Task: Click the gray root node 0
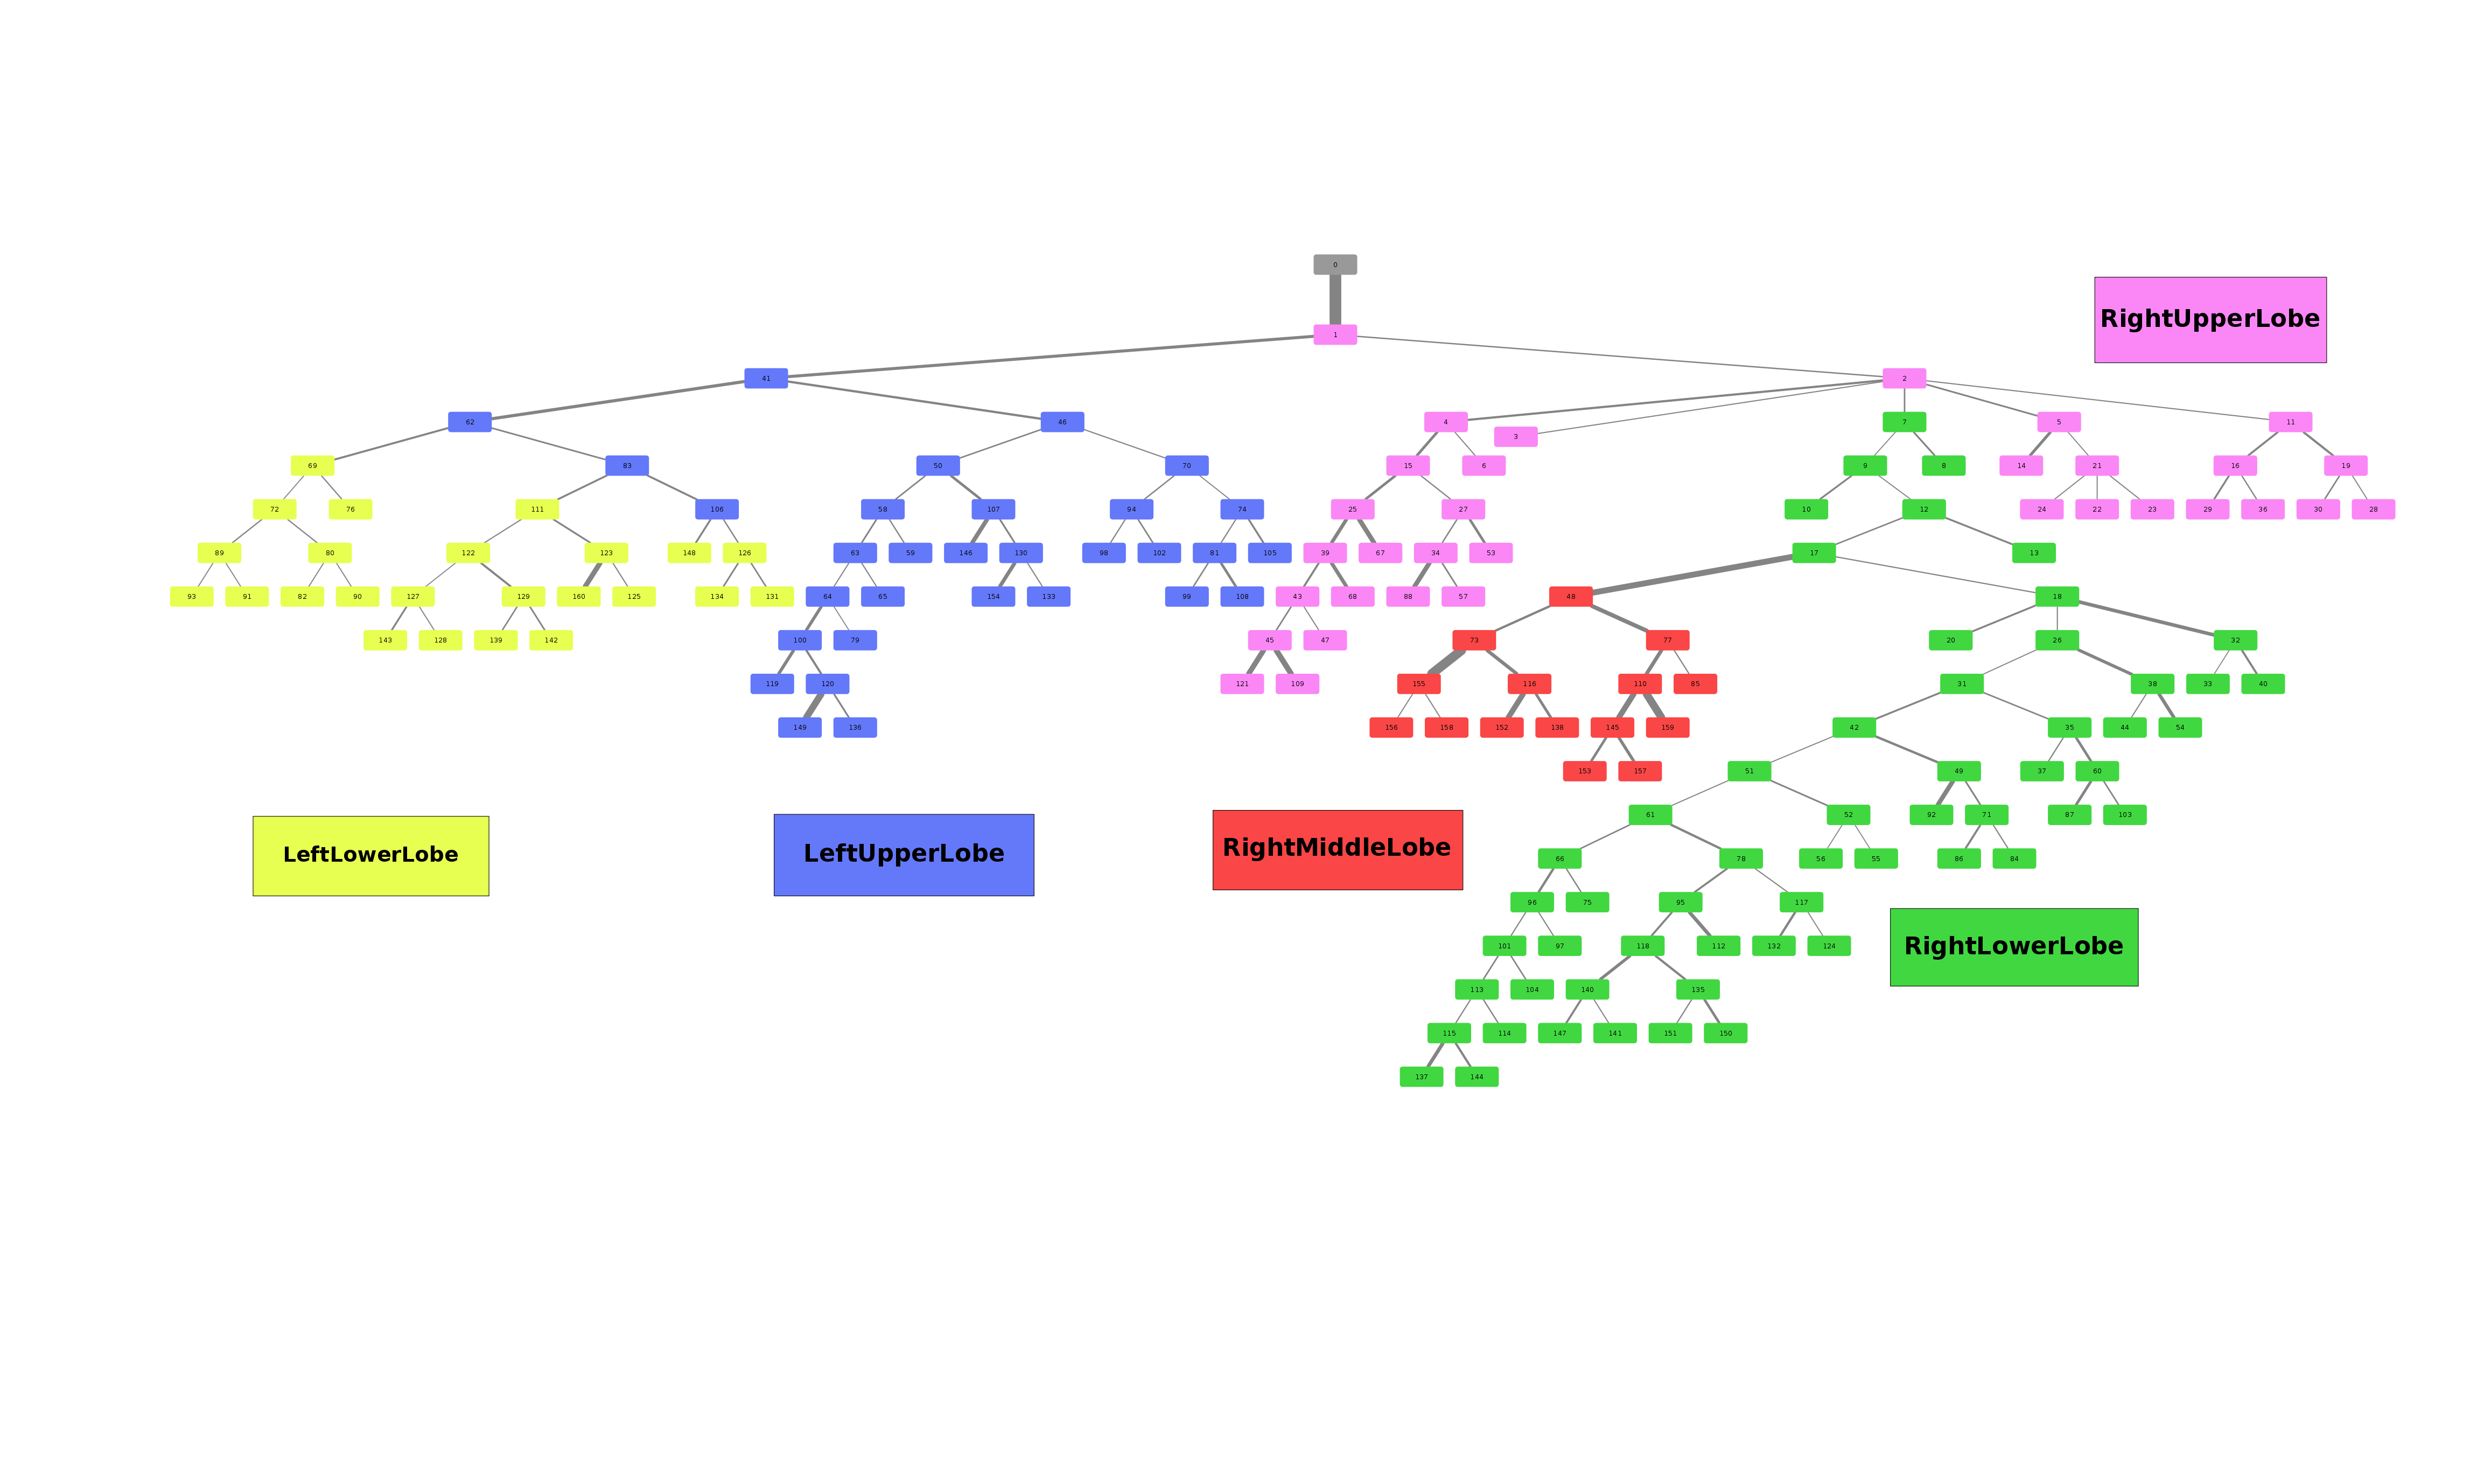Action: tap(1335, 264)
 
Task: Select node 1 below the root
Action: tap(1335, 334)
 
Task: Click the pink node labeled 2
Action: tap(1904, 378)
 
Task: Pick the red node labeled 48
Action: tap(1570, 596)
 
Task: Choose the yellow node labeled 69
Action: tap(312, 465)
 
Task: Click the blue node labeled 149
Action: tap(799, 728)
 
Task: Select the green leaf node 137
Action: tap(1421, 1077)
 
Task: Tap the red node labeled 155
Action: tap(1418, 683)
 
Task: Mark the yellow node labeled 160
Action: tap(579, 596)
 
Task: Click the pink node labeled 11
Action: tap(2291, 422)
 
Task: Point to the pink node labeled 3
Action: tap(1515, 436)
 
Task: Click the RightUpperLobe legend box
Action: tap(2210, 319)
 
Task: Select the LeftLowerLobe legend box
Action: tap(370, 855)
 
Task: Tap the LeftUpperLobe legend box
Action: tap(903, 854)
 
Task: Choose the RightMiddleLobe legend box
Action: tap(1337, 849)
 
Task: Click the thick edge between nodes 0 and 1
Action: tap(1335, 299)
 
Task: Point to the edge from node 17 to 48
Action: tap(1692, 574)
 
